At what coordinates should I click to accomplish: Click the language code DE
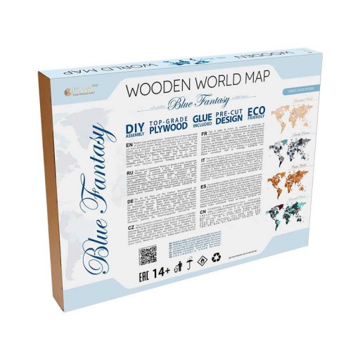[x=130, y=200]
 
